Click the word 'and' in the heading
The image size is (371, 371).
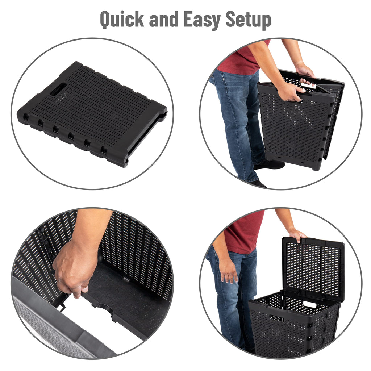pyautogui.click(x=163, y=19)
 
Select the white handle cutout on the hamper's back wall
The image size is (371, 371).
pyautogui.click(x=310, y=304)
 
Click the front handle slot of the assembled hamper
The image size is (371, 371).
pyautogui.click(x=276, y=318)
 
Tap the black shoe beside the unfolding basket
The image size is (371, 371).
pyautogui.click(x=269, y=165)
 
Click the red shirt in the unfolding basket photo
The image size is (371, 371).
pyautogui.click(x=244, y=58)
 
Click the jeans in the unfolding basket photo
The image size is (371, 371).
pyautogui.click(x=239, y=123)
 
